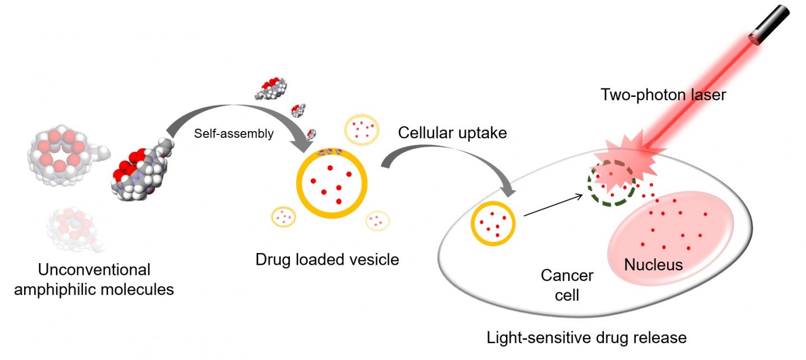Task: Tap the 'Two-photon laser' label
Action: [x=663, y=95]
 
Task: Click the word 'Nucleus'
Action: [x=654, y=264]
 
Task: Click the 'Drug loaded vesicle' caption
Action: [x=327, y=260]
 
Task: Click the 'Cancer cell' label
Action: [x=567, y=284]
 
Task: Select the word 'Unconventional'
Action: [x=95, y=270]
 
